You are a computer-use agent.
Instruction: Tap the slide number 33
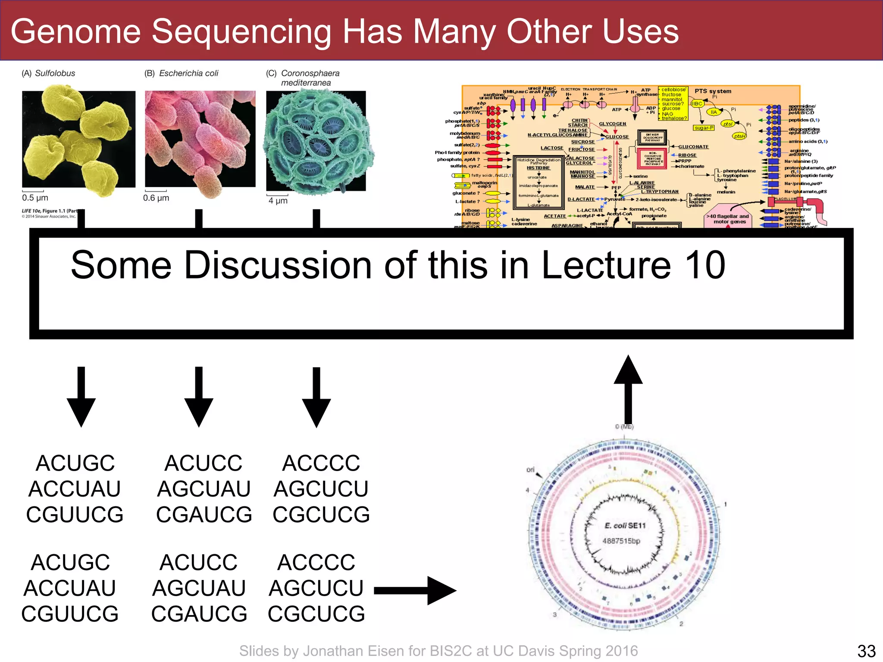[x=866, y=651]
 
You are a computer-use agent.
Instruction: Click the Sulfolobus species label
[x=55, y=73]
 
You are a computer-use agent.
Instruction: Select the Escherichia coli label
[x=188, y=73]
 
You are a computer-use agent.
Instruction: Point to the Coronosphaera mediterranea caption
[x=310, y=78]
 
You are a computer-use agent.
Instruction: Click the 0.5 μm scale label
[x=35, y=198]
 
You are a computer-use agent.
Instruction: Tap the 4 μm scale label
[x=278, y=201]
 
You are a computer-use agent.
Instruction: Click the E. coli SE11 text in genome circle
[x=625, y=525]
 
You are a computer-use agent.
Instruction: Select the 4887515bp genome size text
[x=621, y=541]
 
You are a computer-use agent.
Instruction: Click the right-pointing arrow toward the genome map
[x=414, y=591]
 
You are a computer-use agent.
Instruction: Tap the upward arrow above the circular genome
[x=628, y=388]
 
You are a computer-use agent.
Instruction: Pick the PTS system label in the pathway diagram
[x=713, y=91]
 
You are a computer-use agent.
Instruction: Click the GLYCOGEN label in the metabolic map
[x=612, y=124]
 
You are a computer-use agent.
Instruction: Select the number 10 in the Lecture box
[x=705, y=265]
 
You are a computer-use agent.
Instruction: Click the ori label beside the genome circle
[x=530, y=469]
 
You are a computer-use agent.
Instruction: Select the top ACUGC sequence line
[x=75, y=463]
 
